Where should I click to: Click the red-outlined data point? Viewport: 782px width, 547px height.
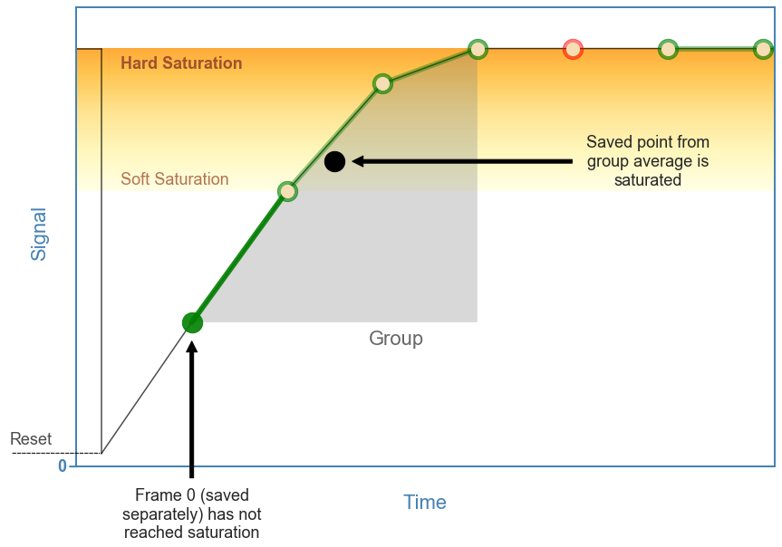click(x=572, y=49)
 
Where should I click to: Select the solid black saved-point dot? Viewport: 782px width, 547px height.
click(x=334, y=161)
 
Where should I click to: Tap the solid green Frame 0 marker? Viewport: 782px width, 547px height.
click(x=192, y=322)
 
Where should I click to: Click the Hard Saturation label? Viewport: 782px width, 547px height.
click(x=181, y=63)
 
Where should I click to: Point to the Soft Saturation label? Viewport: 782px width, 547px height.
click(x=175, y=179)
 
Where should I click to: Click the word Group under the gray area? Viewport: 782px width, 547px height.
click(x=396, y=339)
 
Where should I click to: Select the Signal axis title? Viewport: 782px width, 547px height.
click(x=39, y=234)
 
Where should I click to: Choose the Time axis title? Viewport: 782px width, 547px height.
click(x=425, y=503)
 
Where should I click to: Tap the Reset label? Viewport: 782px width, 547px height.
click(x=31, y=439)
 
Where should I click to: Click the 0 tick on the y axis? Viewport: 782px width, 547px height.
click(x=63, y=466)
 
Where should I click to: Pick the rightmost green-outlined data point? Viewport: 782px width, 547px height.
click(x=763, y=49)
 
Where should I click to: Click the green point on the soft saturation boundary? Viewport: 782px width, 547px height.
click(x=287, y=191)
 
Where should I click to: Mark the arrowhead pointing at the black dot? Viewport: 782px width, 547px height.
click(x=358, y=161)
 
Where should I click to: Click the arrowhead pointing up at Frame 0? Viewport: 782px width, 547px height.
click(x=192, y=347)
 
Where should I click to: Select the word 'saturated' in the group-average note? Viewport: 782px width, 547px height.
click(x=647, y=180)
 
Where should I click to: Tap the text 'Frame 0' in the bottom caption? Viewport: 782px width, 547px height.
click(x=164, y=495)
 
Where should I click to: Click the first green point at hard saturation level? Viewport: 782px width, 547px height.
click(x=478, y=49)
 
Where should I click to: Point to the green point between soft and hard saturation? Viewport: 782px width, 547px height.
click(x=382, y=84)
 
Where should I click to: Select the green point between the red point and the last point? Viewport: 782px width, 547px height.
click(x=668, y=49)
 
